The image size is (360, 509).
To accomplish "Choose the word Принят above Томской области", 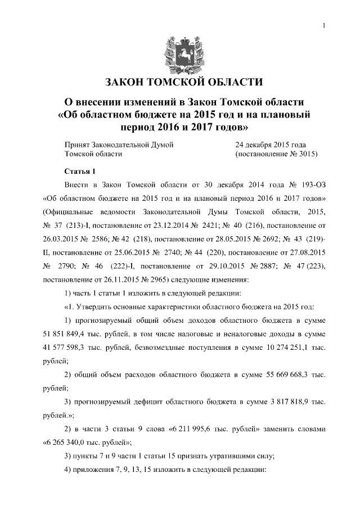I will pyautogui.click(x=78, y=145).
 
